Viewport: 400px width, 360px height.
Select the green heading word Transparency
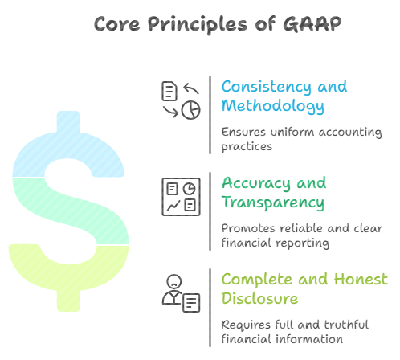[273, 202]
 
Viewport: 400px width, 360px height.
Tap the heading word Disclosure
[259, 299]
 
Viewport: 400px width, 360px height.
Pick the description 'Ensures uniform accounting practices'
[301, 139]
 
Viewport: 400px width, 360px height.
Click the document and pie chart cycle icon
[180, 100]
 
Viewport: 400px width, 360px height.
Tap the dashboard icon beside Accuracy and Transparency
[180, 196]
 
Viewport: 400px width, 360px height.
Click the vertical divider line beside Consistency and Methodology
[210, 114]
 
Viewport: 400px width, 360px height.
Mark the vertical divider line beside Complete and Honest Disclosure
[210, 307]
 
